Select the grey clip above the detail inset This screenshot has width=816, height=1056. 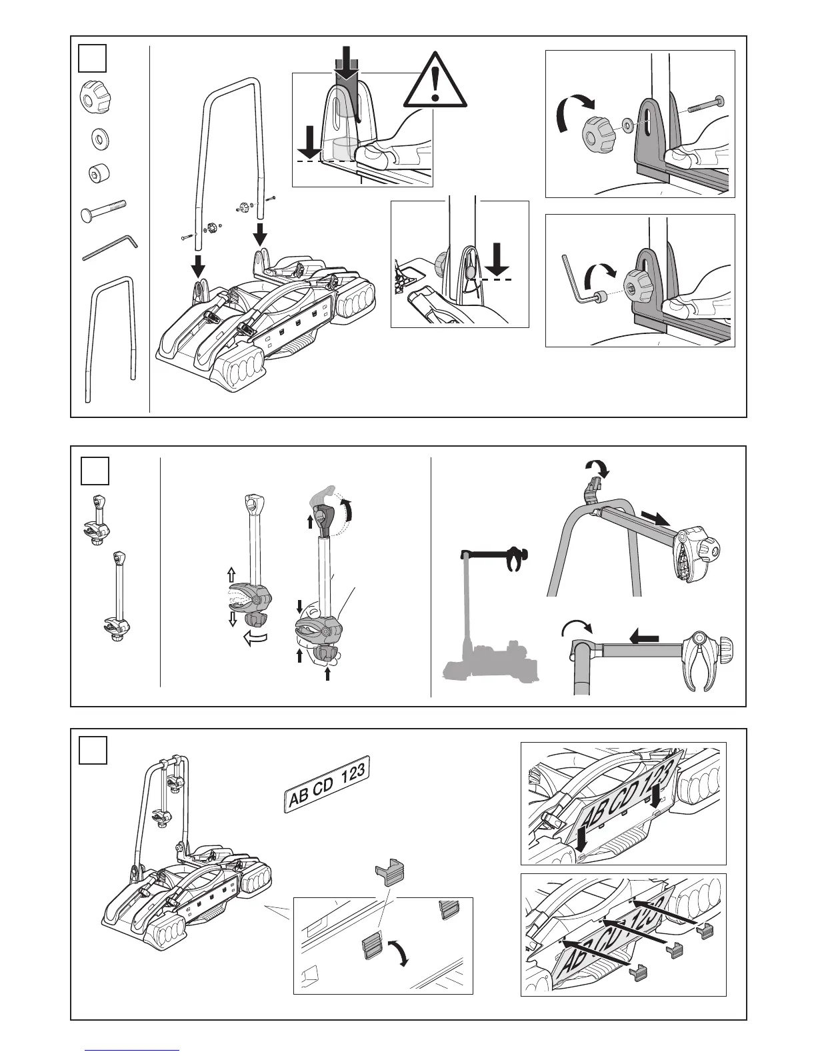click(x=388, y=872)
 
